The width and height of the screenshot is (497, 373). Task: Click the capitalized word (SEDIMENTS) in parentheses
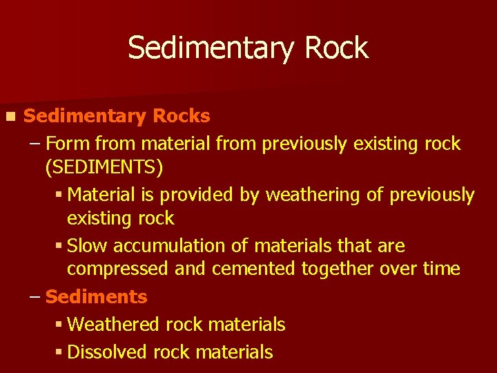click(104, 167)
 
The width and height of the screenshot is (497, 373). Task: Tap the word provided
click(196, 195)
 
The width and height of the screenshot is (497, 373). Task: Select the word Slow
click(88, 246)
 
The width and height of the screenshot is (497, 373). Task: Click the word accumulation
click(168, 246)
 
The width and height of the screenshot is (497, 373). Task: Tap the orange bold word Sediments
click(96, 297)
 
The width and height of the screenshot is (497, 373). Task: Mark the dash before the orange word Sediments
click(35, 297)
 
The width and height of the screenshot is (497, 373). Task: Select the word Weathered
click(108, 324)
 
